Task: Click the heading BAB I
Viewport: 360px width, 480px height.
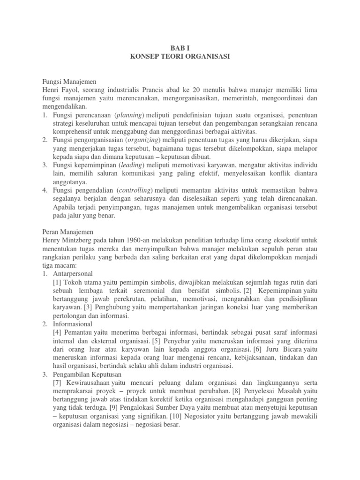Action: pyautogui.click(x=180, y=47)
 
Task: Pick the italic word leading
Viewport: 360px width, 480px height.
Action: pyautogui.click(x=131, y=165)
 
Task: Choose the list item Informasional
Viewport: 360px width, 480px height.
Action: pyautogui.click(x=73, y=324)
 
